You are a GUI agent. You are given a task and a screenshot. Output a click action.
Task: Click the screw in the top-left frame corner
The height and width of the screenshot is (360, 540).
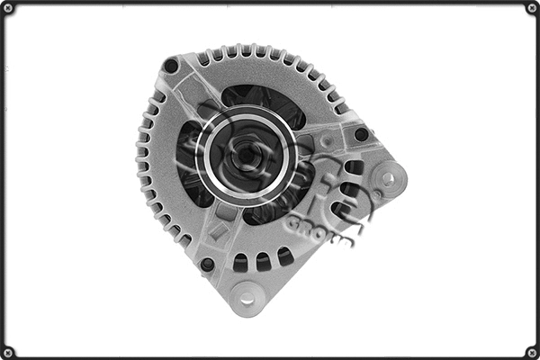pyautogui.click(x=9, y=9)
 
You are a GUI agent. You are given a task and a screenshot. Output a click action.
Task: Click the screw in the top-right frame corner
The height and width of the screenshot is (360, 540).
pyautogui.click(x=531, y=9)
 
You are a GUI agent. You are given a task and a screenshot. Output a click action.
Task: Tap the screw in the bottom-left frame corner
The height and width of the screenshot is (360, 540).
pyautogui.click(x=9, y=351)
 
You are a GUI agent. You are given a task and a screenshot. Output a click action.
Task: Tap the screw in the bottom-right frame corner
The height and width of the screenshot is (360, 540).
pyautogui.click(x=531, y=351)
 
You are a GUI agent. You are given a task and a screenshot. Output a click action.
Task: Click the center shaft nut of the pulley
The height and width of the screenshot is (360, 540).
pyautogui.click(x=244, y=156)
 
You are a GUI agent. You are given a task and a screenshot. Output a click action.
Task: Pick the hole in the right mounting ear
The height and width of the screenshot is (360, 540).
pyautogui.click(x=388, y=178)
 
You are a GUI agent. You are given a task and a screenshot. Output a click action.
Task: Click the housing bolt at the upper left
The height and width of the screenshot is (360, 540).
pyautogui.click(x=170, y=66)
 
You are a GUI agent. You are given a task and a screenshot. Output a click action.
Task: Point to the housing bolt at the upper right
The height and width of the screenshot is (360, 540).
pyautogui.click(x=361, y=135)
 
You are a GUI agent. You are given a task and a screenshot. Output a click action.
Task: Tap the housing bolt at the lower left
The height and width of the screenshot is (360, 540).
pyautogui.click(x=207, y=265)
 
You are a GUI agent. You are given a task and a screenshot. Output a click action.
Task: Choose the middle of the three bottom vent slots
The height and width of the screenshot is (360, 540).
pyautogui.click(x=263, y=261)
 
